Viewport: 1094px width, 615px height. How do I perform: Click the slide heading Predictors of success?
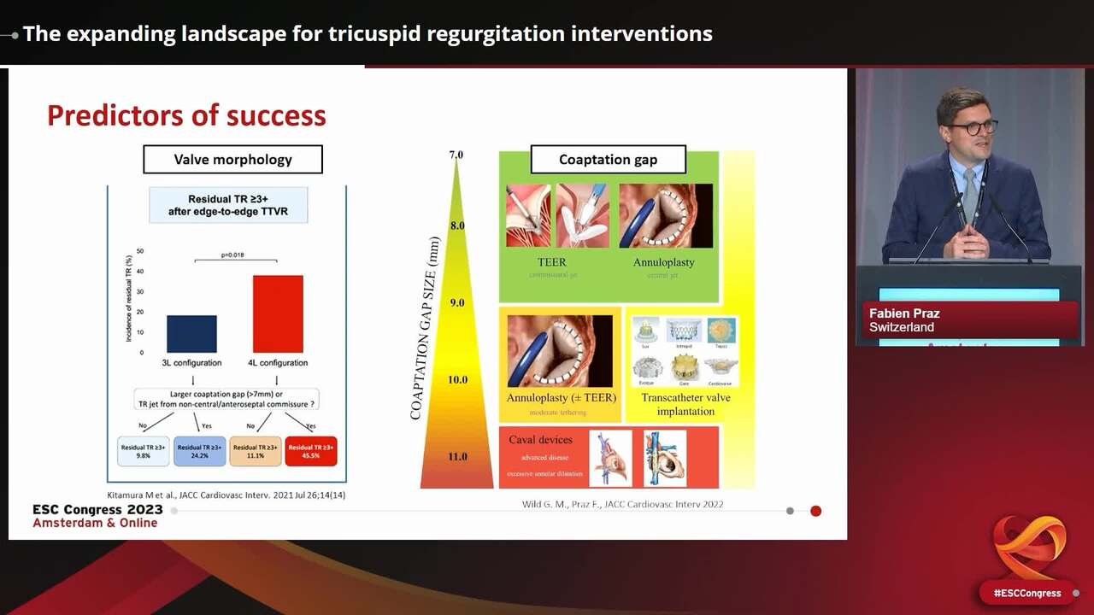click(186, 115)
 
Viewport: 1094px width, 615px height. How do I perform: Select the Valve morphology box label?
click(232, 160)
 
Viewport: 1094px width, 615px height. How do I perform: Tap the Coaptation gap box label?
click(608, 160)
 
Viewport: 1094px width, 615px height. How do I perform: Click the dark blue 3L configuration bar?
click(192, 334)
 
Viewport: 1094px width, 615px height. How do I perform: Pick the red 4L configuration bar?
click(278, 313)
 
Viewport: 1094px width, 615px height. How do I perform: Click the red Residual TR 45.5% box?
click(311, 451)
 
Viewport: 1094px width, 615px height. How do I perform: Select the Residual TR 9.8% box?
click(143, 451)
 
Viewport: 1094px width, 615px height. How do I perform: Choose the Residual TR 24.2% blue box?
click(199, 451)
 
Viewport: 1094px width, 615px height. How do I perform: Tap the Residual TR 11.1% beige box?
click(256, 451)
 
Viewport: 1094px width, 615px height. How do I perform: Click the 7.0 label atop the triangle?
click(456, 155)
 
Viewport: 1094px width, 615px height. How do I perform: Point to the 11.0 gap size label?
click(457, 457)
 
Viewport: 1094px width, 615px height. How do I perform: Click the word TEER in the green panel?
click(552, 262)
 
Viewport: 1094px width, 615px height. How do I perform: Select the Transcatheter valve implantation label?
click(685, 404)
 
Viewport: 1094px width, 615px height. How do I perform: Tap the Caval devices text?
click(540, 440)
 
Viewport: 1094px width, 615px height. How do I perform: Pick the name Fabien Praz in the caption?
click(904, 313)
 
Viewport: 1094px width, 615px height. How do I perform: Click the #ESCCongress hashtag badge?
click(1026, 593)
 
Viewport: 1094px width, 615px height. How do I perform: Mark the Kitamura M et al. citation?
click(226, 495)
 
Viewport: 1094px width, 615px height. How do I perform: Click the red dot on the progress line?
click(815, 511)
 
